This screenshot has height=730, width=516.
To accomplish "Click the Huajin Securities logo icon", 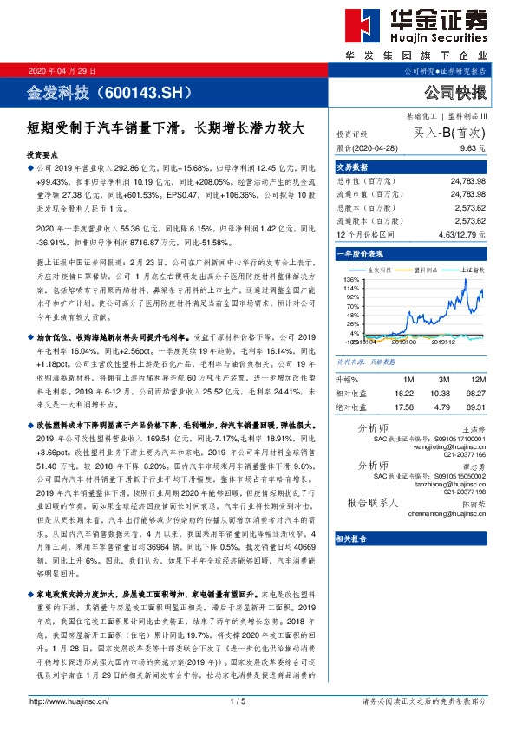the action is [x=357, y=26].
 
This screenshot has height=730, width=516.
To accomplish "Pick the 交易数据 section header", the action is [x=352, y=166].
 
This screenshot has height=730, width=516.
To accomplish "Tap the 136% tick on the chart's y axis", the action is [x=351, y=280].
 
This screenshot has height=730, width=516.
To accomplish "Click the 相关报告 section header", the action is [x=352, y=538].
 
